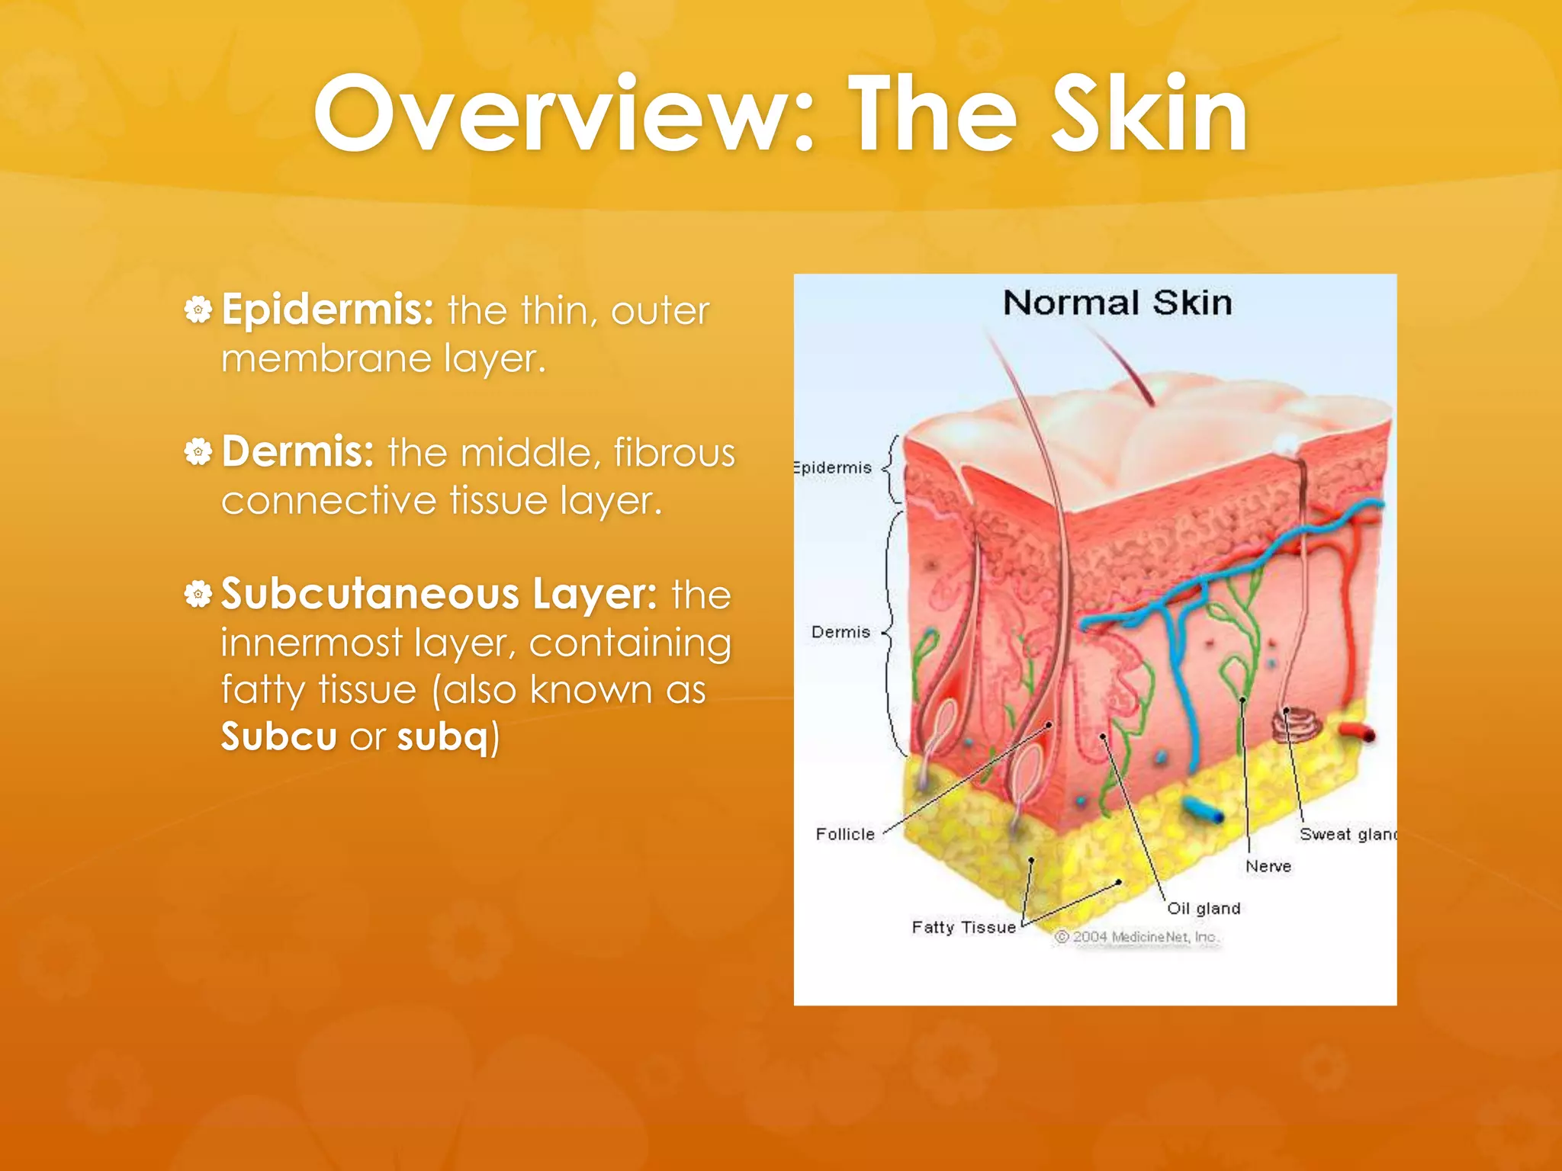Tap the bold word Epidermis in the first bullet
click(327, 310)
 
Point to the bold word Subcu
click(278, 736)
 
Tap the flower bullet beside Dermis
click(198, 452)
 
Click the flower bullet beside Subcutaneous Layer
click(198, 594)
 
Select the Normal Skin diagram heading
click(1117, 303)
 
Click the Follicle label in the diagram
click(845, 834)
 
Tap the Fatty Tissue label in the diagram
click(963, 927)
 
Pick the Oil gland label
click(1204, 908)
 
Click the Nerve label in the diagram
click(1268, 866)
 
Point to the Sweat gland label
click(1347, 834)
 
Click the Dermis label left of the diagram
click(840, 632)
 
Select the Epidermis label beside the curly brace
click(833, 467)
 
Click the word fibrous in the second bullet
click(674, 452)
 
